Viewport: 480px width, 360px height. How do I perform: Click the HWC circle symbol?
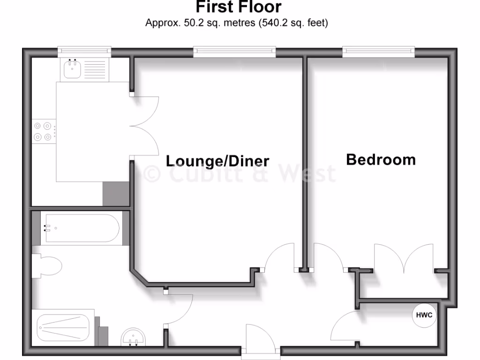point(424,315)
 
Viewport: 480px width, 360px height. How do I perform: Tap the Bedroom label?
point(381,160)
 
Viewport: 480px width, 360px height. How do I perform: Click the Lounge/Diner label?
point(217,161)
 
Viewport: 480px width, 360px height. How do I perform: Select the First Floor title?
point(238,7)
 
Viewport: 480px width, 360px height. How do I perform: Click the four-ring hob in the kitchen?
point(43,131)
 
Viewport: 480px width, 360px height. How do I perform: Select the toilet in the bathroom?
point(48,266)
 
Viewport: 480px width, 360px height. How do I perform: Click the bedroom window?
point(378,52)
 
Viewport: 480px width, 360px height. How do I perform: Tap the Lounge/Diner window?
point(234,52)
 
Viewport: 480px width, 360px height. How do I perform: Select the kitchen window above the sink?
point(84,51)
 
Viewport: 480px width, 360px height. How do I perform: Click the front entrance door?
point(261,338)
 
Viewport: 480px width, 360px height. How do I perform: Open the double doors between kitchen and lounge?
point(144,126)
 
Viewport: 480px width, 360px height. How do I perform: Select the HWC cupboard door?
point(346,326)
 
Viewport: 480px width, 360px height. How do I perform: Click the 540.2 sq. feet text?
point(293,22)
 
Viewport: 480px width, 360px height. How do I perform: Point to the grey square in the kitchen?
point(116,194)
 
